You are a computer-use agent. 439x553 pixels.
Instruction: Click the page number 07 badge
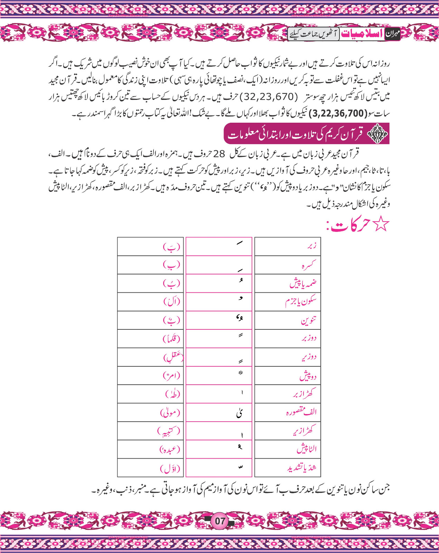point(220,521)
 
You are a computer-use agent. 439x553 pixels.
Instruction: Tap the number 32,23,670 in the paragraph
point(269,97)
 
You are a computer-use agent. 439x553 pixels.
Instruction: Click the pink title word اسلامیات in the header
point(362,34)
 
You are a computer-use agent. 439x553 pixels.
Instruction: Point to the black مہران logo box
point(393,34)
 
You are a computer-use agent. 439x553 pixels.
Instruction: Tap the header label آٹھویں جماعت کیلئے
point(314,34)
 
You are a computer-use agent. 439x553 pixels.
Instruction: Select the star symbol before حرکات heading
point(380,225)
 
